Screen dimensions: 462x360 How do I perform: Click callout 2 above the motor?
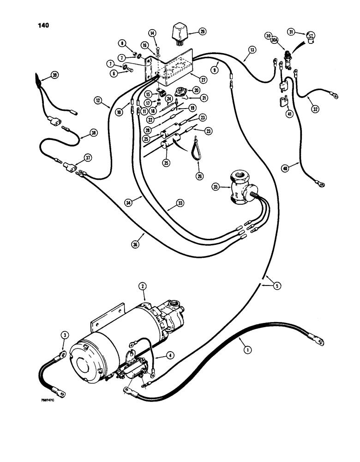click(143, 286)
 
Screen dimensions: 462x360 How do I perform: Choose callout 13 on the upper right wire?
click(251, 49)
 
